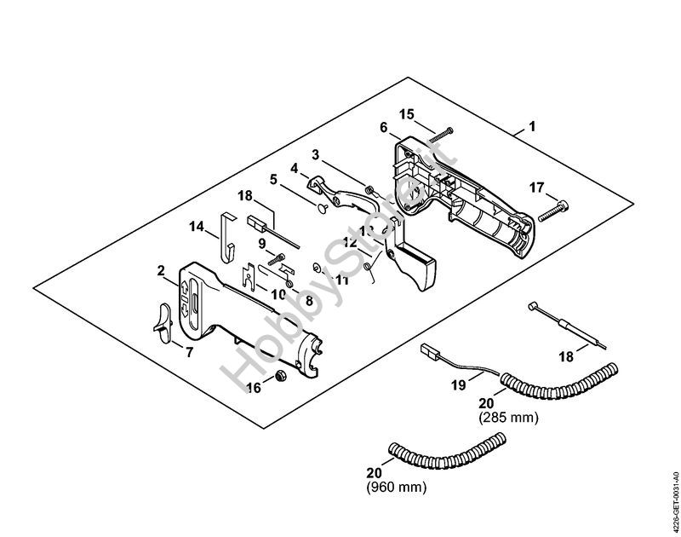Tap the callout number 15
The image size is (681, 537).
pos(406,113)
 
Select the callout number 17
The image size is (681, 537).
pos(536,188)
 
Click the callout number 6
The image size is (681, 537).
pos(384,127)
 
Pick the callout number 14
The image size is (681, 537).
pos(197,227)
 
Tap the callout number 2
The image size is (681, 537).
pos(161,271)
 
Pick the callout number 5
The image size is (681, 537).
pos(273,179)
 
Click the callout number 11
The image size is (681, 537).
pos(341,280)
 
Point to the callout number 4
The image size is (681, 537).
pos(294,168)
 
